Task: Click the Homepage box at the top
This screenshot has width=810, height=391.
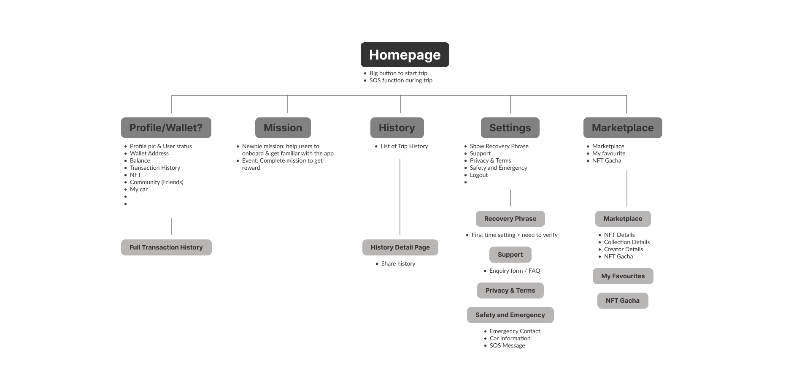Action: (405, 54)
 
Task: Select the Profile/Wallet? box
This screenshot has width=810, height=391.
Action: (166, 128)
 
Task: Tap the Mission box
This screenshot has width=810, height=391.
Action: (283, 128)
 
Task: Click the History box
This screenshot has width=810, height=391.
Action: (397, 128)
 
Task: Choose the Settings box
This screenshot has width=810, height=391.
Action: (510, 128)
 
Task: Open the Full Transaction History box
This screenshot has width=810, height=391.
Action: (166, 247)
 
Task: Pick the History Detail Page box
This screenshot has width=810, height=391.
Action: (400, 247)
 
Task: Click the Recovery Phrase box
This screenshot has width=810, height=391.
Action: (510, 219)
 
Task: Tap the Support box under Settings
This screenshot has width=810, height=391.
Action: (510, 255)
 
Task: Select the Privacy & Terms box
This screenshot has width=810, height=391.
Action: (510, 291)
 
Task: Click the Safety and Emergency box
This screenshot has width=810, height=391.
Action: (510, 315)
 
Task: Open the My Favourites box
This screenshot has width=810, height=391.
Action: (623, 276)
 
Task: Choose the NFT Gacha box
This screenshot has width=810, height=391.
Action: (623, 301)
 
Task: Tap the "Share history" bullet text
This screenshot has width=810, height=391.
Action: (398, 264)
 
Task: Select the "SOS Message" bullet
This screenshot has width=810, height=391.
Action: (507, 346)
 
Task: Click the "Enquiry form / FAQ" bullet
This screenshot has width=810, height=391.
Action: (515, 271)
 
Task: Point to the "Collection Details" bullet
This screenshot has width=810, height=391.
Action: (626, 242)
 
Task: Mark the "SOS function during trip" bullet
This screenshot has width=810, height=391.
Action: (401, 81)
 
